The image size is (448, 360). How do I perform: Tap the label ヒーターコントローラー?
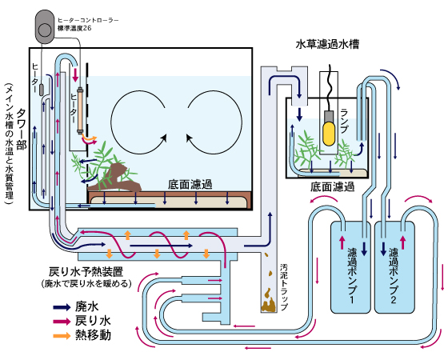[x=88, y=20]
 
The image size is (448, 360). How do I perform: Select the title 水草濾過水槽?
[x=327, y=45]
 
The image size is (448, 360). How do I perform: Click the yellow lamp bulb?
[x=329, y=134]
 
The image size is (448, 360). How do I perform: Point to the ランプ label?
[x=345, y=121]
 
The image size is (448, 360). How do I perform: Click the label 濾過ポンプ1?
[x=352, y=276]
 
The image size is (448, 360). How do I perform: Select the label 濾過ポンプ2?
[x=394, y=276]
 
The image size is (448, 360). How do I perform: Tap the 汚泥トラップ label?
[x=284, y=287]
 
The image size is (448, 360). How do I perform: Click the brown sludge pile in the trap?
[x=268, y=301]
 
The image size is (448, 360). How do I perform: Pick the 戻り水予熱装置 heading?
[x=86, y=272]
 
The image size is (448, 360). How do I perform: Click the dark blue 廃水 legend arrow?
[x=62, y=307]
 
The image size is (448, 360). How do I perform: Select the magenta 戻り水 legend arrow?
[x=62, y=321]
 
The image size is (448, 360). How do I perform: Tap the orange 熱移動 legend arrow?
[x=62, y=335]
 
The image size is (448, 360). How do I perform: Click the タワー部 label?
[x=22, y=129]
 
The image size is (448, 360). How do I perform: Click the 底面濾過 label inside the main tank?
[x=190, y=185]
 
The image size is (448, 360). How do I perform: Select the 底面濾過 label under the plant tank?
[x=333, y=187]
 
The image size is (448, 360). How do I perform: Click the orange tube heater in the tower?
[x=80, y=110]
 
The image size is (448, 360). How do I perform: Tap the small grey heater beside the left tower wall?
[x=41, y=90]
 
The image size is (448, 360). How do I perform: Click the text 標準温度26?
[x=74, y=28]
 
